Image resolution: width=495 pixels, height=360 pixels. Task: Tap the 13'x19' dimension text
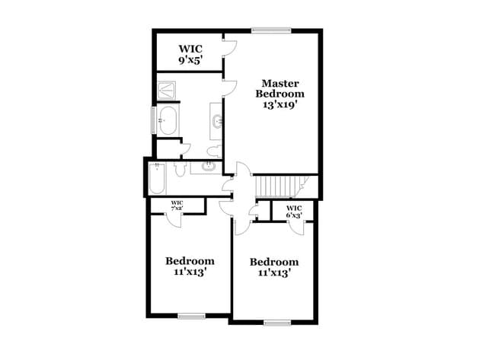pyautogui.click(x=279, y=106)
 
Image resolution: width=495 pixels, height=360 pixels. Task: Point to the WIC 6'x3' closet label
pyautogui.click(x=294, y=212)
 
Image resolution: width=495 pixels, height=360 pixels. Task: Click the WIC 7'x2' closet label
pyautogui.click(x=176, y=205)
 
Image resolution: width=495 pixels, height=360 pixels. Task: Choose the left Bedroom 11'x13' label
pyautogui.click(x=190, y=266)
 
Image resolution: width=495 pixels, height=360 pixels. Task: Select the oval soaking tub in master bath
pyautogui.click(x=168, y=120)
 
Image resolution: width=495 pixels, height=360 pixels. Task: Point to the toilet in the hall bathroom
pyautogui.click(x=180, y=170)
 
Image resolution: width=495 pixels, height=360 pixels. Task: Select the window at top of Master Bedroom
pyautogui.click(x=272, y=30)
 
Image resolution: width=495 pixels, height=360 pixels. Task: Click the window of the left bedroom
pyautogui.click(x=191, y=315)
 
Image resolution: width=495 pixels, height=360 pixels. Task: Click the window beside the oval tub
pyautogui.click(x=155, y=120)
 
